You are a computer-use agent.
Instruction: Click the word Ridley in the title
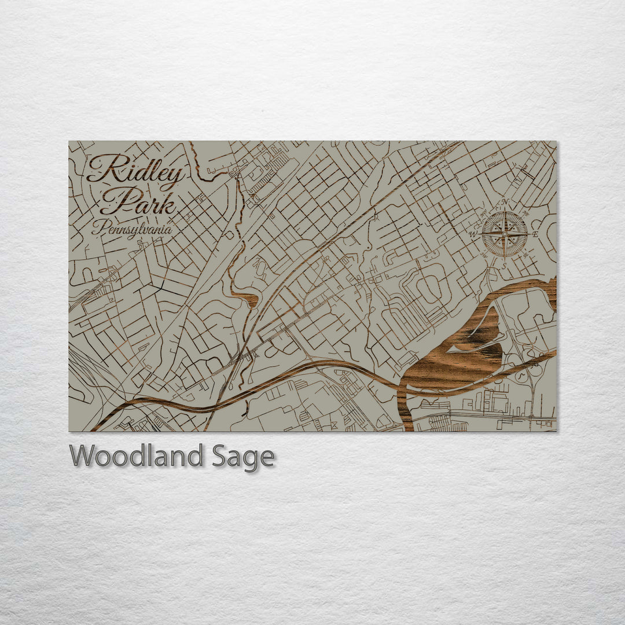coord(137,169)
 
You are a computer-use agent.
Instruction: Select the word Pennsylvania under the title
coord(132,229)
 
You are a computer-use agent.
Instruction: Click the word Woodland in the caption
coord(136,457)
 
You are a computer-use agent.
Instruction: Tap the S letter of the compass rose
coord(505,266)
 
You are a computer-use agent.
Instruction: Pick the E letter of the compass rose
coord(535,234)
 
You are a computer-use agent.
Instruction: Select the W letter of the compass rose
coord(472,234)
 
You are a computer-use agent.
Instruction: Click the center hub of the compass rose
coord(505,234)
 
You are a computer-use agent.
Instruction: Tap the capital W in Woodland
coord(83,456)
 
